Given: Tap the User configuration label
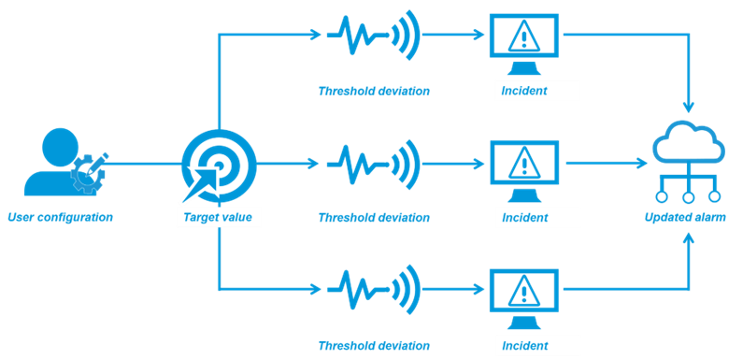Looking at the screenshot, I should coord(60,218).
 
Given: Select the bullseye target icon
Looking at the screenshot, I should coord(218,163).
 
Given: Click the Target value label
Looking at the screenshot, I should coord(218,218).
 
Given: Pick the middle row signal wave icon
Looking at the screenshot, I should coord(373,163).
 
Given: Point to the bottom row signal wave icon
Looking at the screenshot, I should coord(373,289).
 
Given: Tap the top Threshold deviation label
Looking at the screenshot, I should coord(373,91).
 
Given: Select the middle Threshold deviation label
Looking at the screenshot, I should coord(373,218).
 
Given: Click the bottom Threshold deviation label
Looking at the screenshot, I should coord(373,345).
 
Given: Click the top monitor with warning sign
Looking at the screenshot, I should coord(524,43).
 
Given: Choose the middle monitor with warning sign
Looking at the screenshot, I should coord(524,168).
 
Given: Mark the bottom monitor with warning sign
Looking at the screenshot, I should coord(524,295).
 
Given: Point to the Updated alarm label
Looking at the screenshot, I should coord(685,218).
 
